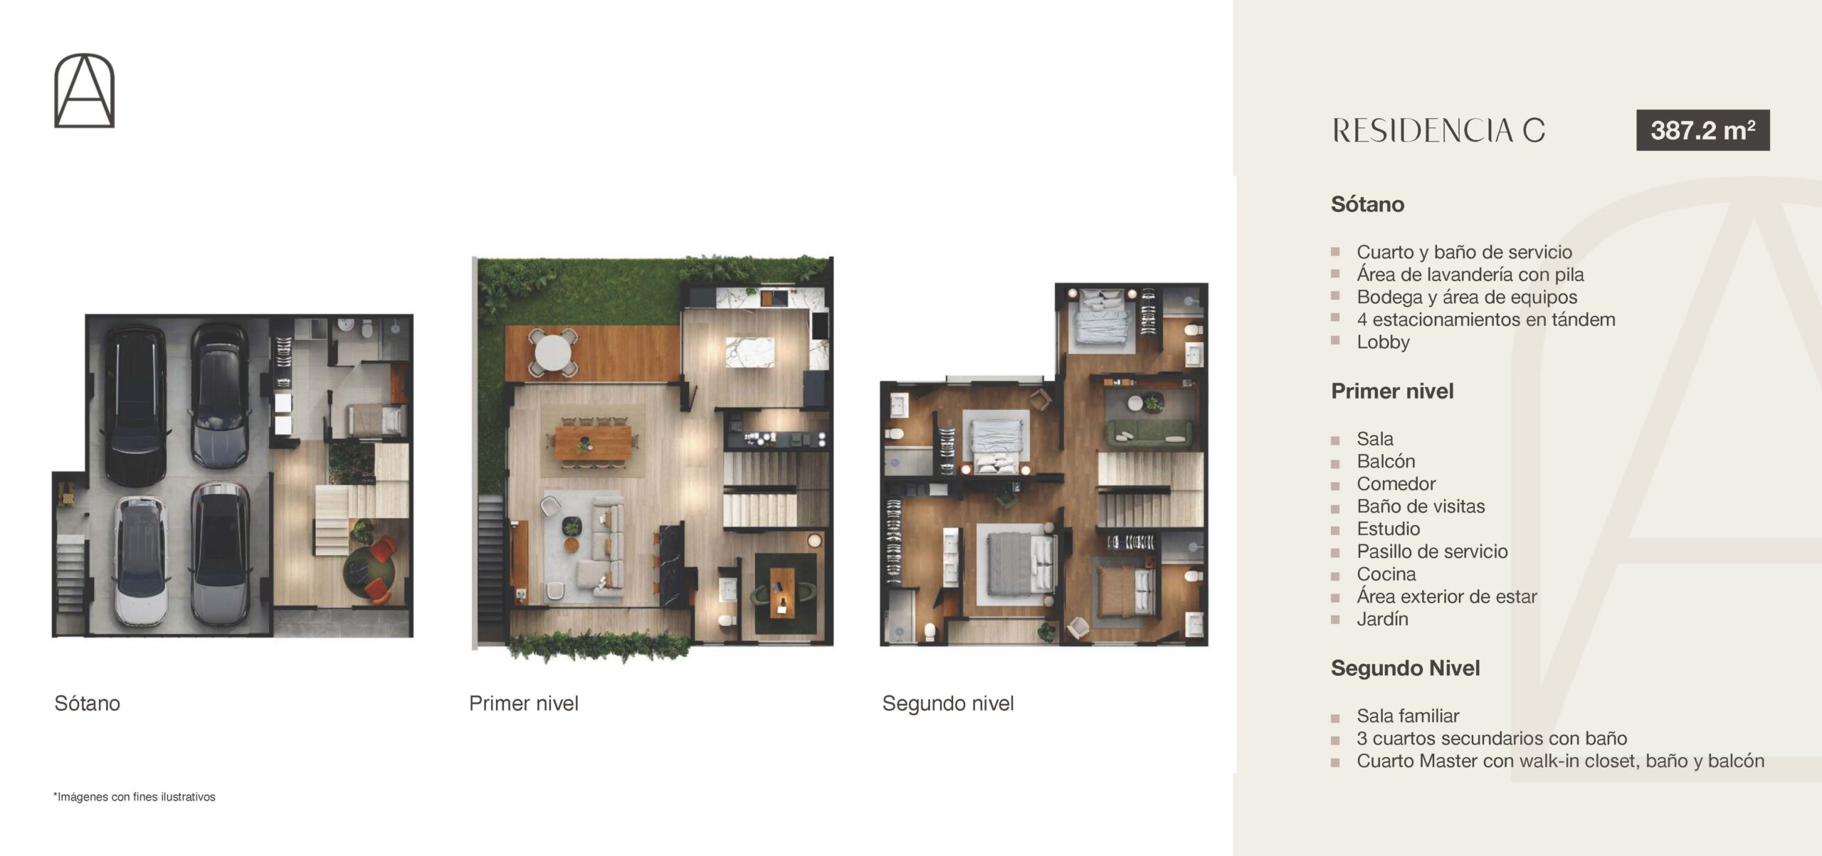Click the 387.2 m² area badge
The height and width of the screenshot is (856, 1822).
point(1702,130)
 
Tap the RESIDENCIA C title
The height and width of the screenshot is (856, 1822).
point(1438,131)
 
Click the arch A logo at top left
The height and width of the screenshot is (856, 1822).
point(84,90)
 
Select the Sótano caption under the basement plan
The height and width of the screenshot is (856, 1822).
point(87,703)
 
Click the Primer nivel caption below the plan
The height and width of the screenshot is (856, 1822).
point(523,703)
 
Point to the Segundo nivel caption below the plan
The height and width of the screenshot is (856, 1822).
point(948,703)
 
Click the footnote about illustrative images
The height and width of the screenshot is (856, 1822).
point(135,797)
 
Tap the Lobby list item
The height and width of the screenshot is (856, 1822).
point(1383,342)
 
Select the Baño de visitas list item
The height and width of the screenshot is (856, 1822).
point(1421,506)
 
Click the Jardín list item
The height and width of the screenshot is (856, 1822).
point(1382,618)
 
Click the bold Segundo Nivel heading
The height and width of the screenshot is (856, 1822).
point(1405,668)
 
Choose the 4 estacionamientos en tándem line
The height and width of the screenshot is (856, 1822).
point(1486,319)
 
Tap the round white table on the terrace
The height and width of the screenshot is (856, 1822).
point(554,352)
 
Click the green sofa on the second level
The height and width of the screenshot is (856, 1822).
point(1149,430)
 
